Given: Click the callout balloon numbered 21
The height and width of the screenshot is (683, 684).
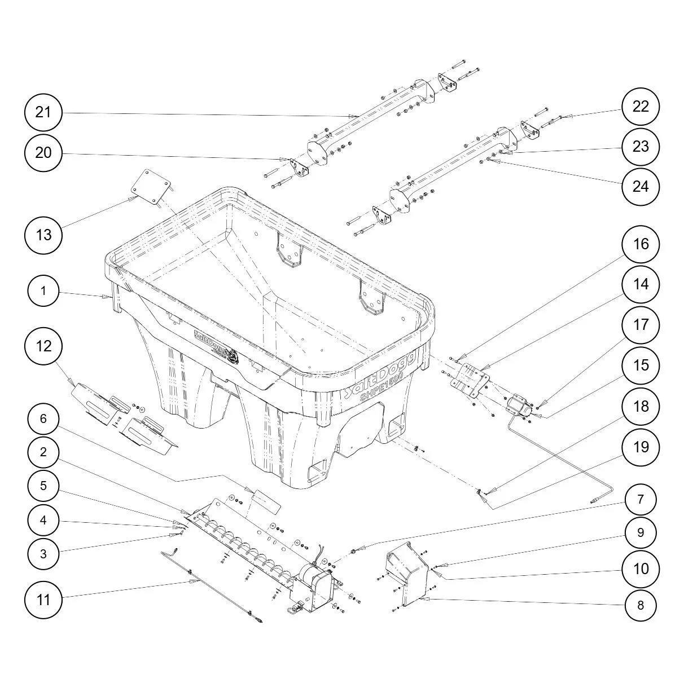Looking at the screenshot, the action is coord(43,112).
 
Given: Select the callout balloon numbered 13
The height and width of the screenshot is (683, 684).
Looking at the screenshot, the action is coord(43,235).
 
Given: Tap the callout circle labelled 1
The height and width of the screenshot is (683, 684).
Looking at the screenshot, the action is coord(43,291).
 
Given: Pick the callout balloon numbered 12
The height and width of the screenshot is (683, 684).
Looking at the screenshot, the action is coord(43,346).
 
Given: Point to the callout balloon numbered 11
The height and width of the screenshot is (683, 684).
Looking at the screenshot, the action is coord(43,600).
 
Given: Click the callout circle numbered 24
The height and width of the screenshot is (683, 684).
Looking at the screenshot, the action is coord(641,187).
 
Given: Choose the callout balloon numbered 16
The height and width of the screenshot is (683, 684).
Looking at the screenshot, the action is coord(641,244).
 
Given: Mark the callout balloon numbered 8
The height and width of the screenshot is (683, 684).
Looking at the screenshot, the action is coord(641,605).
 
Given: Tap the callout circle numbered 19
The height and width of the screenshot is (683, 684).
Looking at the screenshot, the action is coord(641,447).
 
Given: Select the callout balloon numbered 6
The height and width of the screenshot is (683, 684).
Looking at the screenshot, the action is coord(43,418).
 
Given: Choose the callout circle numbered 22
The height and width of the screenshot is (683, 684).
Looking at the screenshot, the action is coord(641,107).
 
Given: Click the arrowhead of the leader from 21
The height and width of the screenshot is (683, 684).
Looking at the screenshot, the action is coord(353,116).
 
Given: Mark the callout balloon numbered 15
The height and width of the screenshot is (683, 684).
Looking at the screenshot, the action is coord(641,365).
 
